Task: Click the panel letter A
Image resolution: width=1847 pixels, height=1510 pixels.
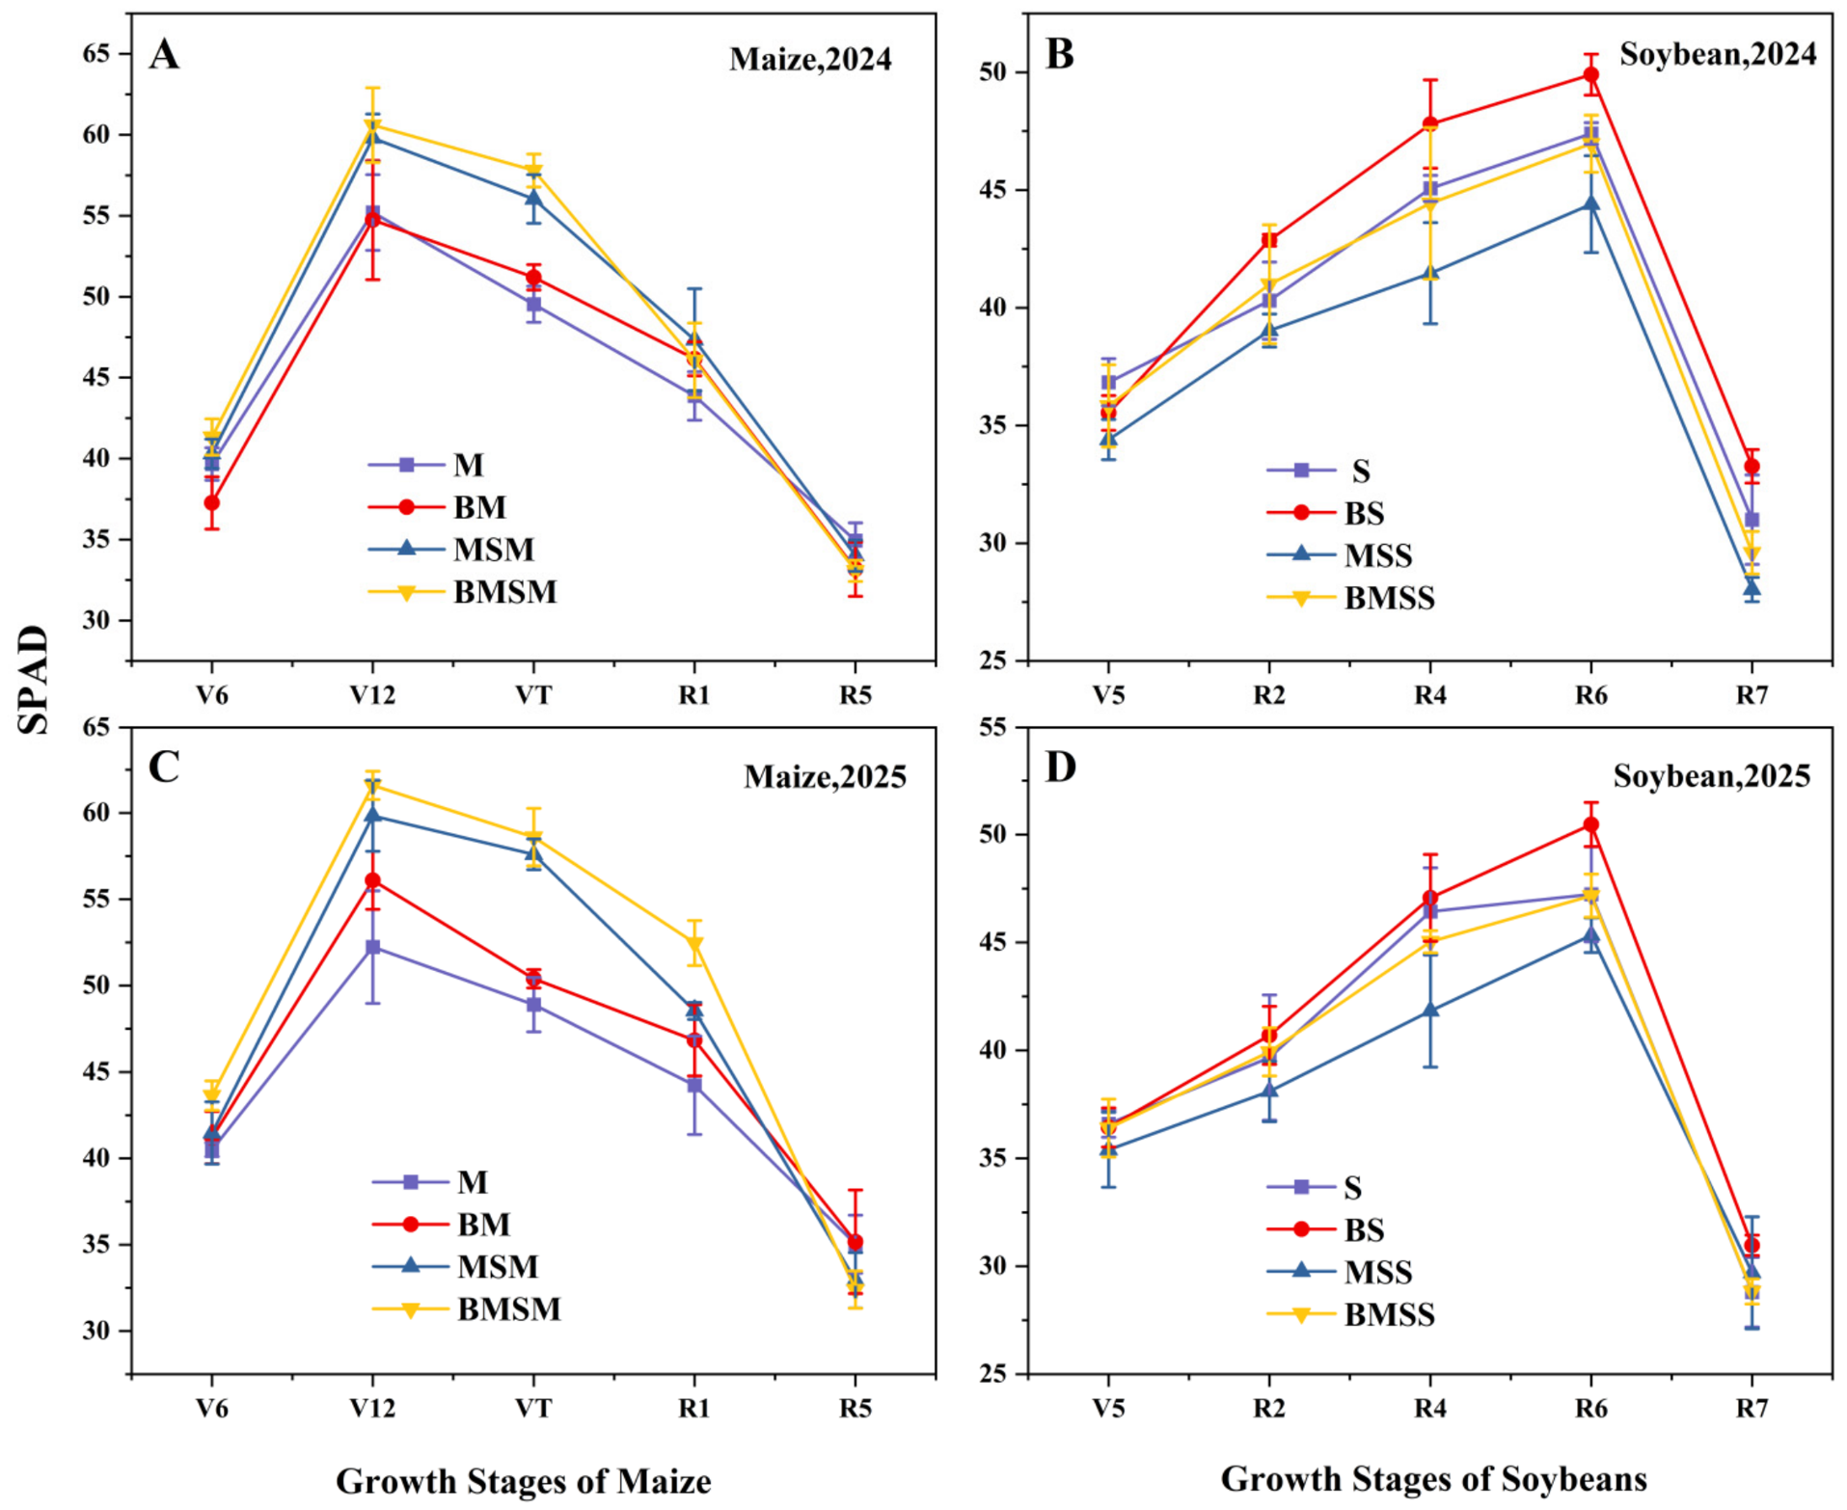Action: click(x=164, y=54)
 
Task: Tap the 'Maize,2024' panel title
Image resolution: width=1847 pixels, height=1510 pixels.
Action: click(x=810, y=60)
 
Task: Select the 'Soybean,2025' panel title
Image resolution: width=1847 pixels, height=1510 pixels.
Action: click(x=1712, y=776)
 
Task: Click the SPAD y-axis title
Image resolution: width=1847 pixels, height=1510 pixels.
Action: click(x=34, y=680)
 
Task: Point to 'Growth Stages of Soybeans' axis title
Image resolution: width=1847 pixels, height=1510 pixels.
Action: click(x=1434, y=1479)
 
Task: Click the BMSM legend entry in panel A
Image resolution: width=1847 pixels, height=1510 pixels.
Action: click(x=463, y=591)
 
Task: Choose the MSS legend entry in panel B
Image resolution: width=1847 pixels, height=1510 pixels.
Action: click(x=1340, y=555)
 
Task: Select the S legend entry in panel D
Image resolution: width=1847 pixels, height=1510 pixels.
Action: click(x=1315, y=1188)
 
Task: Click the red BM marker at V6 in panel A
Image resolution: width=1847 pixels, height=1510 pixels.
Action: click(x=212, y=502)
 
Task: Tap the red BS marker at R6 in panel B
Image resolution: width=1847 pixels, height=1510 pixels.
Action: click(x=1591, y=75)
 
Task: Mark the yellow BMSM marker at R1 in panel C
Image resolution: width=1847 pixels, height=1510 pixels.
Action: click(x=694, y=944)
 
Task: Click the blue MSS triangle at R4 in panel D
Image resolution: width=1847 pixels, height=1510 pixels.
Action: click(x=1430, y=1010)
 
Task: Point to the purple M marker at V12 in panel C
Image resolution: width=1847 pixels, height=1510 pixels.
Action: click(x=373, y=947)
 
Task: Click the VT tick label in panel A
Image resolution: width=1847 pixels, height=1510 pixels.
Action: click(x=533, y=695)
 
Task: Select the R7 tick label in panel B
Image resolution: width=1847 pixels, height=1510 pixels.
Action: click(x=1752, y=695)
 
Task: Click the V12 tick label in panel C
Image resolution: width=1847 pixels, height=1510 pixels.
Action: click(x=373, y=1409)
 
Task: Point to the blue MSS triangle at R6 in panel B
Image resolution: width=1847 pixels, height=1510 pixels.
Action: click(x=1591, y=204)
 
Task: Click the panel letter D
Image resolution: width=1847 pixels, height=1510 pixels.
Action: click(x=1061, y=768)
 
